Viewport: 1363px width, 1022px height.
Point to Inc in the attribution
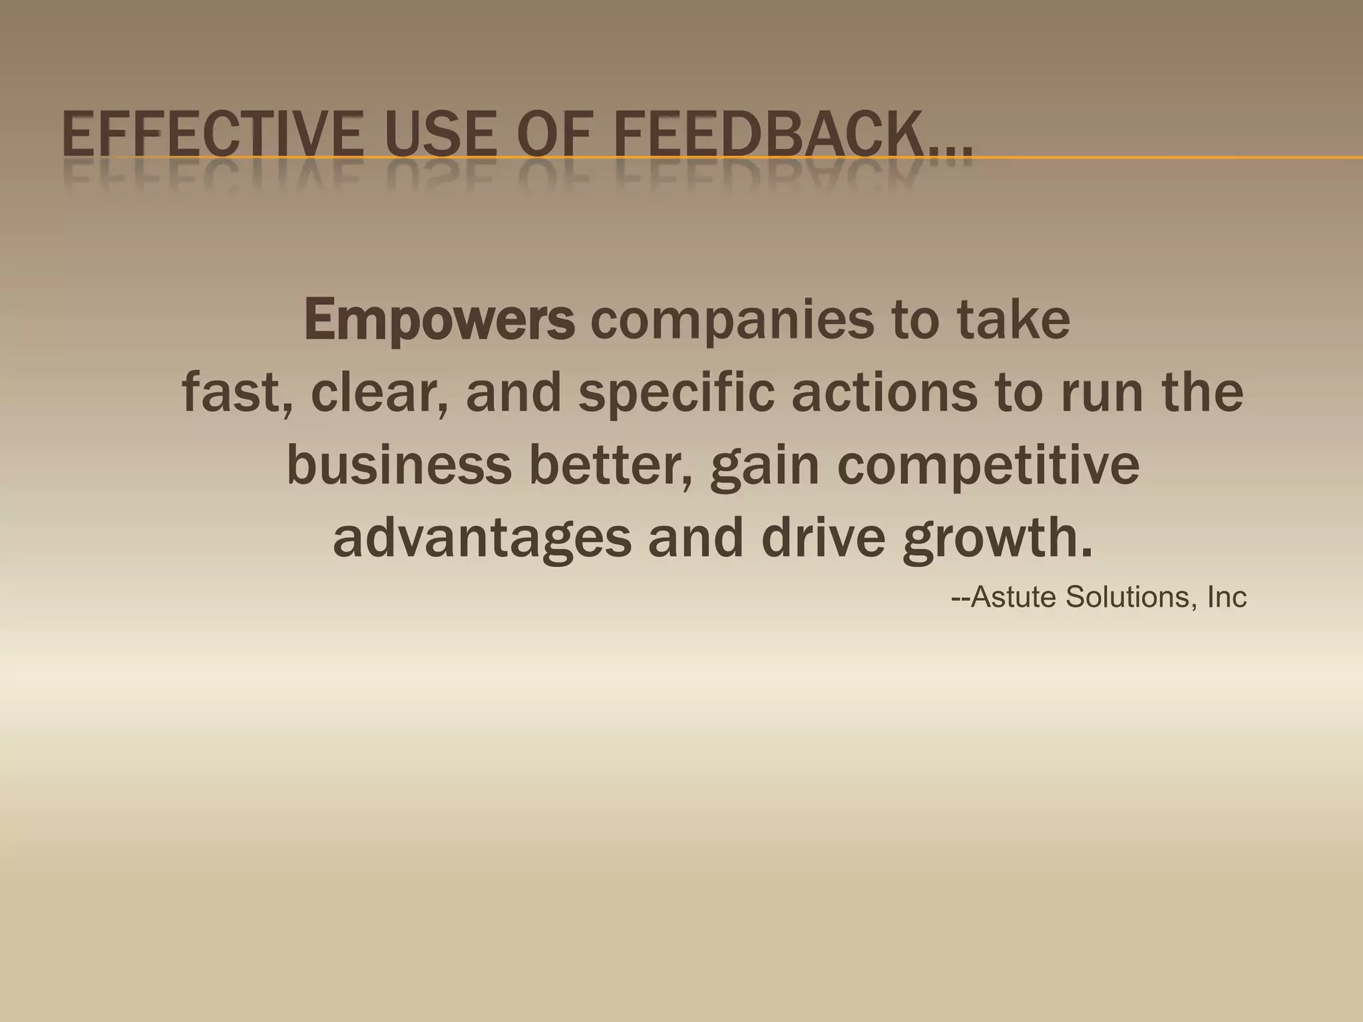(x=1227, y=597)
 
